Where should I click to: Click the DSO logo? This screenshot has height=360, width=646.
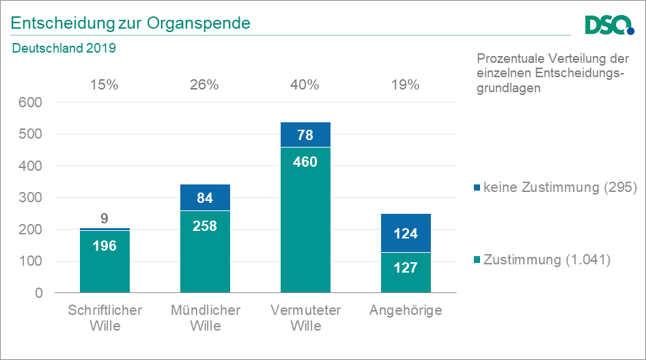[x=609, y=25]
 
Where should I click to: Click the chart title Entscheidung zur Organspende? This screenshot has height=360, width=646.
[x=130, y=23]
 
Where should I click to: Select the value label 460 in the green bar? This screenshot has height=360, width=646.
[x=305, y=162]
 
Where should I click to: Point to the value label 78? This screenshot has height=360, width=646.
[x=305, y=135]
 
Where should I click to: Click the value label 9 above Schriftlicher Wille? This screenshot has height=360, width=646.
[x=104, y=219]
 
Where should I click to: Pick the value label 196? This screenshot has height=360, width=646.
[x=104, y=246]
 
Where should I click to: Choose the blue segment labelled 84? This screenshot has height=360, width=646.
[x=205, y=198]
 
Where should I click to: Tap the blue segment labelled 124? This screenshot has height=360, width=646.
[x=406, y=234]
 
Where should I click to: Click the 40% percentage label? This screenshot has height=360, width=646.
[x=305, y=85]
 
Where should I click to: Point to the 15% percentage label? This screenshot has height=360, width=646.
[x=104, y=85]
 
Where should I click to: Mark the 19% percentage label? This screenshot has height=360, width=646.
[x=406, y=85]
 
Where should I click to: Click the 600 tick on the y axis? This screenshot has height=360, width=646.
[x=30, y=102]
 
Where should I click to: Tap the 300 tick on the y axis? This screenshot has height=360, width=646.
[x=30, y=197]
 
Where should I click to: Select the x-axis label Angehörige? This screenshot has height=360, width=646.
[x=406, y=310]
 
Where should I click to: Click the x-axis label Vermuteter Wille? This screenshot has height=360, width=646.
[x=305, y=318]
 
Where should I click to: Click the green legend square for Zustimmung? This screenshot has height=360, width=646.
[x=477, y=260]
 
